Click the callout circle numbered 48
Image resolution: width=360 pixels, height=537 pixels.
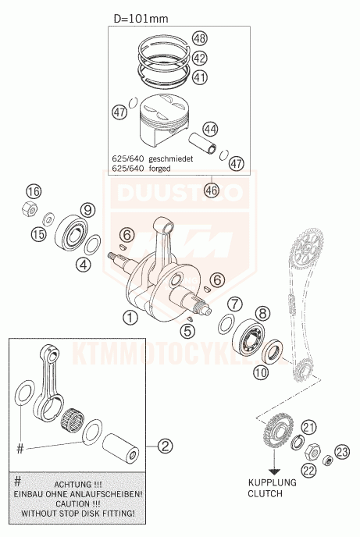pos(200,38)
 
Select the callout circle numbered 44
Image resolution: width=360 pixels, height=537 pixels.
pos(210,129)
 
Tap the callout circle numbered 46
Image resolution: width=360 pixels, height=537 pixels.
pos(212,190)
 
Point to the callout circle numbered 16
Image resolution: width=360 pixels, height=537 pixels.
pos(34,191)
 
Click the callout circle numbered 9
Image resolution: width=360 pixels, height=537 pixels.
pos(87,210)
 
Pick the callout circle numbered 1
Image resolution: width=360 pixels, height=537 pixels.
pos(130,318)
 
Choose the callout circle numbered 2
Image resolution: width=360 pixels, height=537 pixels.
pos(165,446)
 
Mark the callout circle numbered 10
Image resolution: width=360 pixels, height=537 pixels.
pos(261,372)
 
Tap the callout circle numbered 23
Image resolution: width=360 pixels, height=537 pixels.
pos(342,451)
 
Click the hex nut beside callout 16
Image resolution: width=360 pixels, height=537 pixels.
pos(30,208)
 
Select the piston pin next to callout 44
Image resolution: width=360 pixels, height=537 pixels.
pos(204,143)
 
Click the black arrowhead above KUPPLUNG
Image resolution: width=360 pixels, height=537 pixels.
pos(274,472)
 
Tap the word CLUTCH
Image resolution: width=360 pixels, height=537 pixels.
pos(265,493)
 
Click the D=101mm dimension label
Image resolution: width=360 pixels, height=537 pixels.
pos(141,18)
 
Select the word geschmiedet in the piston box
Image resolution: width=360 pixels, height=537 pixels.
pos(170,159)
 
